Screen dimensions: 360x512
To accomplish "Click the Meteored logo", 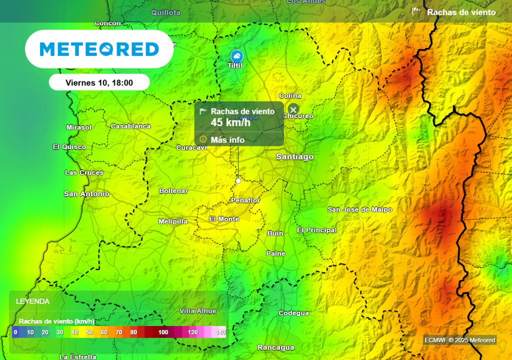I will [99, 49].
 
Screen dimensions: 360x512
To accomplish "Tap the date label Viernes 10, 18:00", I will [99, 82].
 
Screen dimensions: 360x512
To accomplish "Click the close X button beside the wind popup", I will [293, 109].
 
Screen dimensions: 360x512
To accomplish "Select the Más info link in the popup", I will [227, 139].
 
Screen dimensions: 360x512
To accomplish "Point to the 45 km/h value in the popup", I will [230, 122].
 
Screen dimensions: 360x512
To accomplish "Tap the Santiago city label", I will [294, 157].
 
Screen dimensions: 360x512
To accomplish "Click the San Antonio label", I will [86, 194].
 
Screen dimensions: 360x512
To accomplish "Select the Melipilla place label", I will [173, 221].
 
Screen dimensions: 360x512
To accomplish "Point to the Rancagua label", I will [275, 347].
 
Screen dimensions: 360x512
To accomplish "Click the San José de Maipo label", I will [359, 209].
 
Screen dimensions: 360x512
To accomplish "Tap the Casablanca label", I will [130, 126].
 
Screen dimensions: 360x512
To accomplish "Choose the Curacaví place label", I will [191, 147].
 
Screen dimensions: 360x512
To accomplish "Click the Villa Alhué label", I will [198, 311].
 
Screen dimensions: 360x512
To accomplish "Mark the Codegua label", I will [293, 313].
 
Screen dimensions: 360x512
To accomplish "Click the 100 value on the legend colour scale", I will [163, 332].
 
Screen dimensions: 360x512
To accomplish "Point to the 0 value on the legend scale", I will [15, 332].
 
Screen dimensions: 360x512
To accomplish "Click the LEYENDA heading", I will [32, 301].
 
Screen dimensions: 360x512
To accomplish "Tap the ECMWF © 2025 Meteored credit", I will [459, 340].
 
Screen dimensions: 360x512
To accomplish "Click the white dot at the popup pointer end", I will [238, 181].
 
